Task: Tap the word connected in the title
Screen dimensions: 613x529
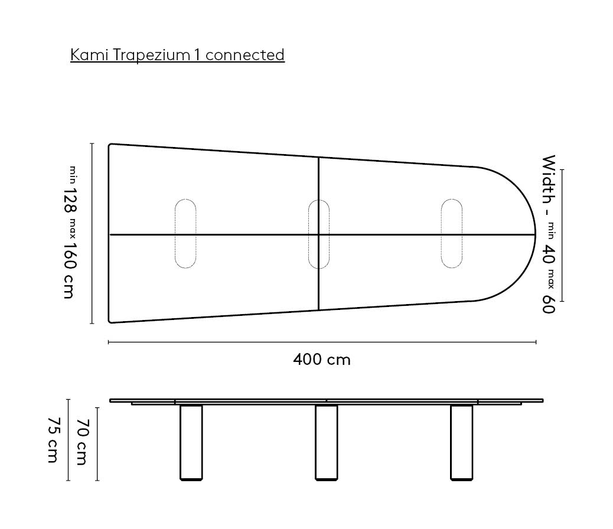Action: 245,55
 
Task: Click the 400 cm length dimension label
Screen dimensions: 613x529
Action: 322,360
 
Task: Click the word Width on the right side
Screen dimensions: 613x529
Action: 549,179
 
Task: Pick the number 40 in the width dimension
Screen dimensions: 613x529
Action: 549,254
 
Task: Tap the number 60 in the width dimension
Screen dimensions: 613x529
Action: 549,304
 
